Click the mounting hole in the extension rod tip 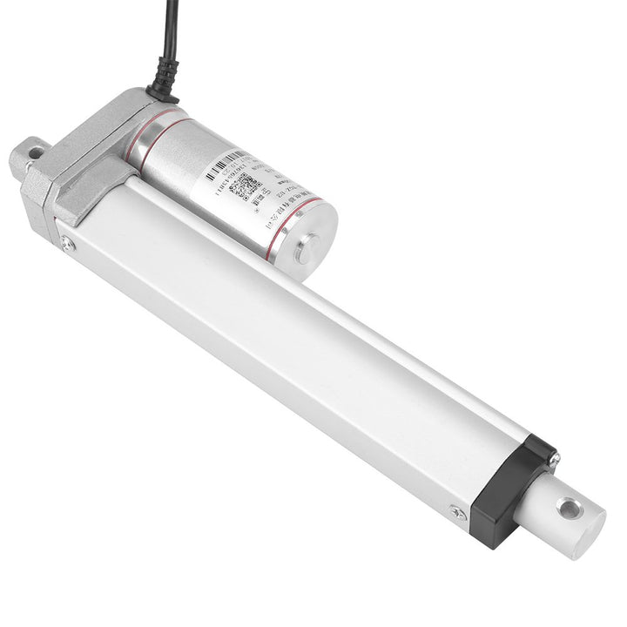pos(570,507)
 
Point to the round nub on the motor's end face pos(305,253)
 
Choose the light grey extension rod pos(566,514)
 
